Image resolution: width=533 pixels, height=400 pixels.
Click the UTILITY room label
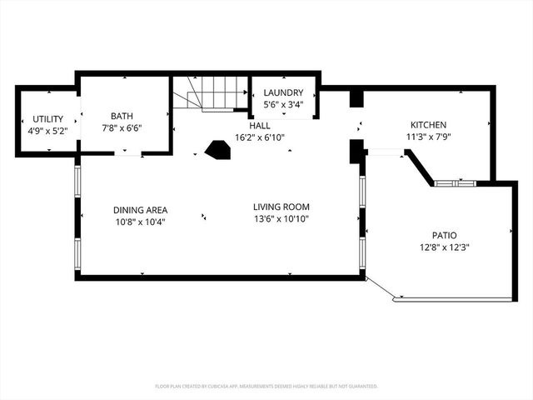point(48,119)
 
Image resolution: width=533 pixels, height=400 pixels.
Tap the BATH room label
point(122,116)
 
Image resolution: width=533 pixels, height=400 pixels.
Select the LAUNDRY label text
point(283,92)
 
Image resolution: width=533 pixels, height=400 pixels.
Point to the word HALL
point(260,126)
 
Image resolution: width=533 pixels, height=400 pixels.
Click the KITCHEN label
point(428,125)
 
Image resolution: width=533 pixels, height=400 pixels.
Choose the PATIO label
point(444,235)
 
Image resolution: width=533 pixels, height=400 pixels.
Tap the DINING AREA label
point(140,210)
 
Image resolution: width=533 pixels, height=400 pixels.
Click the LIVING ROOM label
point(281,207)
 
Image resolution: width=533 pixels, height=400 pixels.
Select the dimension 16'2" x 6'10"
point(260,137)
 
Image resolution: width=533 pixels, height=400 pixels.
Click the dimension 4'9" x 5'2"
point(48,131)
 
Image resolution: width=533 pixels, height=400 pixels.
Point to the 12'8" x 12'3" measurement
point(444,247)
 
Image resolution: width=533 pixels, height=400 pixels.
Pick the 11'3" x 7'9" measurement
point(428,137)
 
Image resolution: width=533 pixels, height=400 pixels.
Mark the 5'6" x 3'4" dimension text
point(283,104)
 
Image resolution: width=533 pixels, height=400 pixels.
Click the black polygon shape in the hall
point(217,150)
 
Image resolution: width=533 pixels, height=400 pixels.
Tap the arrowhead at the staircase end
point(246,92)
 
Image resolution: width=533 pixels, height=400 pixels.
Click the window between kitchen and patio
point(456,183)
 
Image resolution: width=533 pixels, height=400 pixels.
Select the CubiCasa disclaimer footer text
point(266,387)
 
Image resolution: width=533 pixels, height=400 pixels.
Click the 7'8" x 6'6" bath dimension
point(122,128)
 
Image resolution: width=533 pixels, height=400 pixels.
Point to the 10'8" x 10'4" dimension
point(140,222)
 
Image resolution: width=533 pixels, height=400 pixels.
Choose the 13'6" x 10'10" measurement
point(281,218)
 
